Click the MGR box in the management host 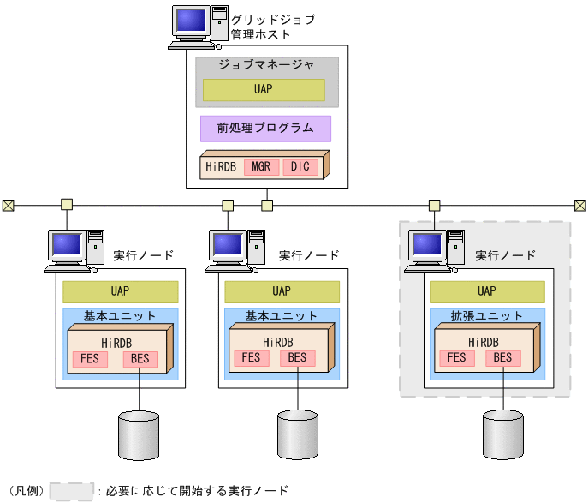coord(260,166)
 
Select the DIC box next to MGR coord(300,166)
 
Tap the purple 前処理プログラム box coord(265,129)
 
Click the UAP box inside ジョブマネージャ coord(264,90)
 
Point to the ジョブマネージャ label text coord(266,65)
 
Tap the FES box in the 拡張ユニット coord(457,357)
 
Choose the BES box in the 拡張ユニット coord(502,357)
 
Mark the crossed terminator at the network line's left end coord(8,205)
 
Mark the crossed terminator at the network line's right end coord(579,205)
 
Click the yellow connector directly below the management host coord(267,205)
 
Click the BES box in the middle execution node coord(297,357)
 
